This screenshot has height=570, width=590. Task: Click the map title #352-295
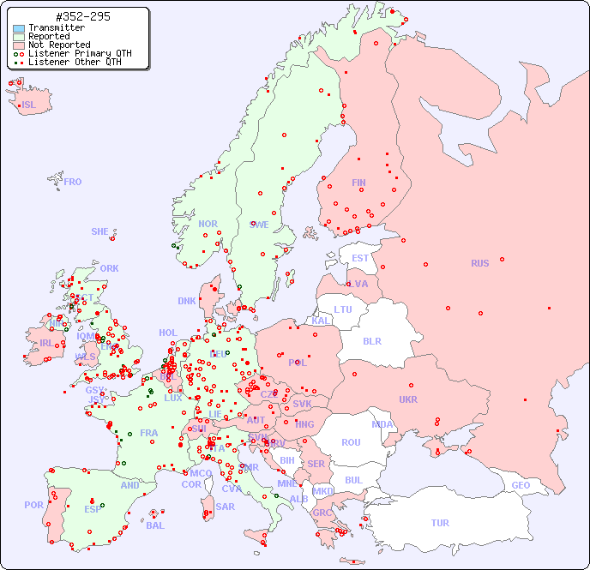pyautogui.click(x=82, y=16)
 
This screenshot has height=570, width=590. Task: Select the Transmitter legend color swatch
pyautogui.click(x=19, y=28)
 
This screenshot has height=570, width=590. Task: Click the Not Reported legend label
pyautogui.click(x=58, y=45)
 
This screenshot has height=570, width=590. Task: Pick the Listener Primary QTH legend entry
pyautogui.click(x=80, y=53)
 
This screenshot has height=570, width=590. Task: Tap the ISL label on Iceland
pyautogui.click(x=29, y=105)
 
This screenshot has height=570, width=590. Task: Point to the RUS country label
pyautogui.click(x=479, y=263)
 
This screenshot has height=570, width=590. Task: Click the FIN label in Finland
pyautogui.click(x=358, y=183)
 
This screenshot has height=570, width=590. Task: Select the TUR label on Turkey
pyautogui.click(x=440, y=523)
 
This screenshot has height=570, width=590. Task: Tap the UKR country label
pyautogui.click(x=408, y=399)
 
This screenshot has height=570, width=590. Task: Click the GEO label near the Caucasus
pyautogui.click(x=521, y=485)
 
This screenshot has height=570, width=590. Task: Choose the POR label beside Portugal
pyautogui.click(x=33, y=505)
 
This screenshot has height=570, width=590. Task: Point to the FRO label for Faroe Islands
pyautogui.click(x=73, y=182)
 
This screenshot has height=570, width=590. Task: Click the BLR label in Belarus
pyautogui.click(x=371, y=340)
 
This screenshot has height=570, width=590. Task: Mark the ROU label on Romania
pyautogui.click(x=351, y=442)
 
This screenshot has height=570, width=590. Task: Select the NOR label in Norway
pyautogui.click(x=208, y=224)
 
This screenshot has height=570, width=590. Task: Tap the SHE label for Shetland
pyautogui.click(x=100, y=231)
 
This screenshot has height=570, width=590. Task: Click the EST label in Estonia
pyautogui.click(x=360, y=258)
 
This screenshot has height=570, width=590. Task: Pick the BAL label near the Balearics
pyautogui.click(x=155, y=525)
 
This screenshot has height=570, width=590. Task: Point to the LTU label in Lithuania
pyautogui.click(x=343, y=309)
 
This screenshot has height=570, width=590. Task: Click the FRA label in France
pyautogui.click(x=149, y=433)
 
